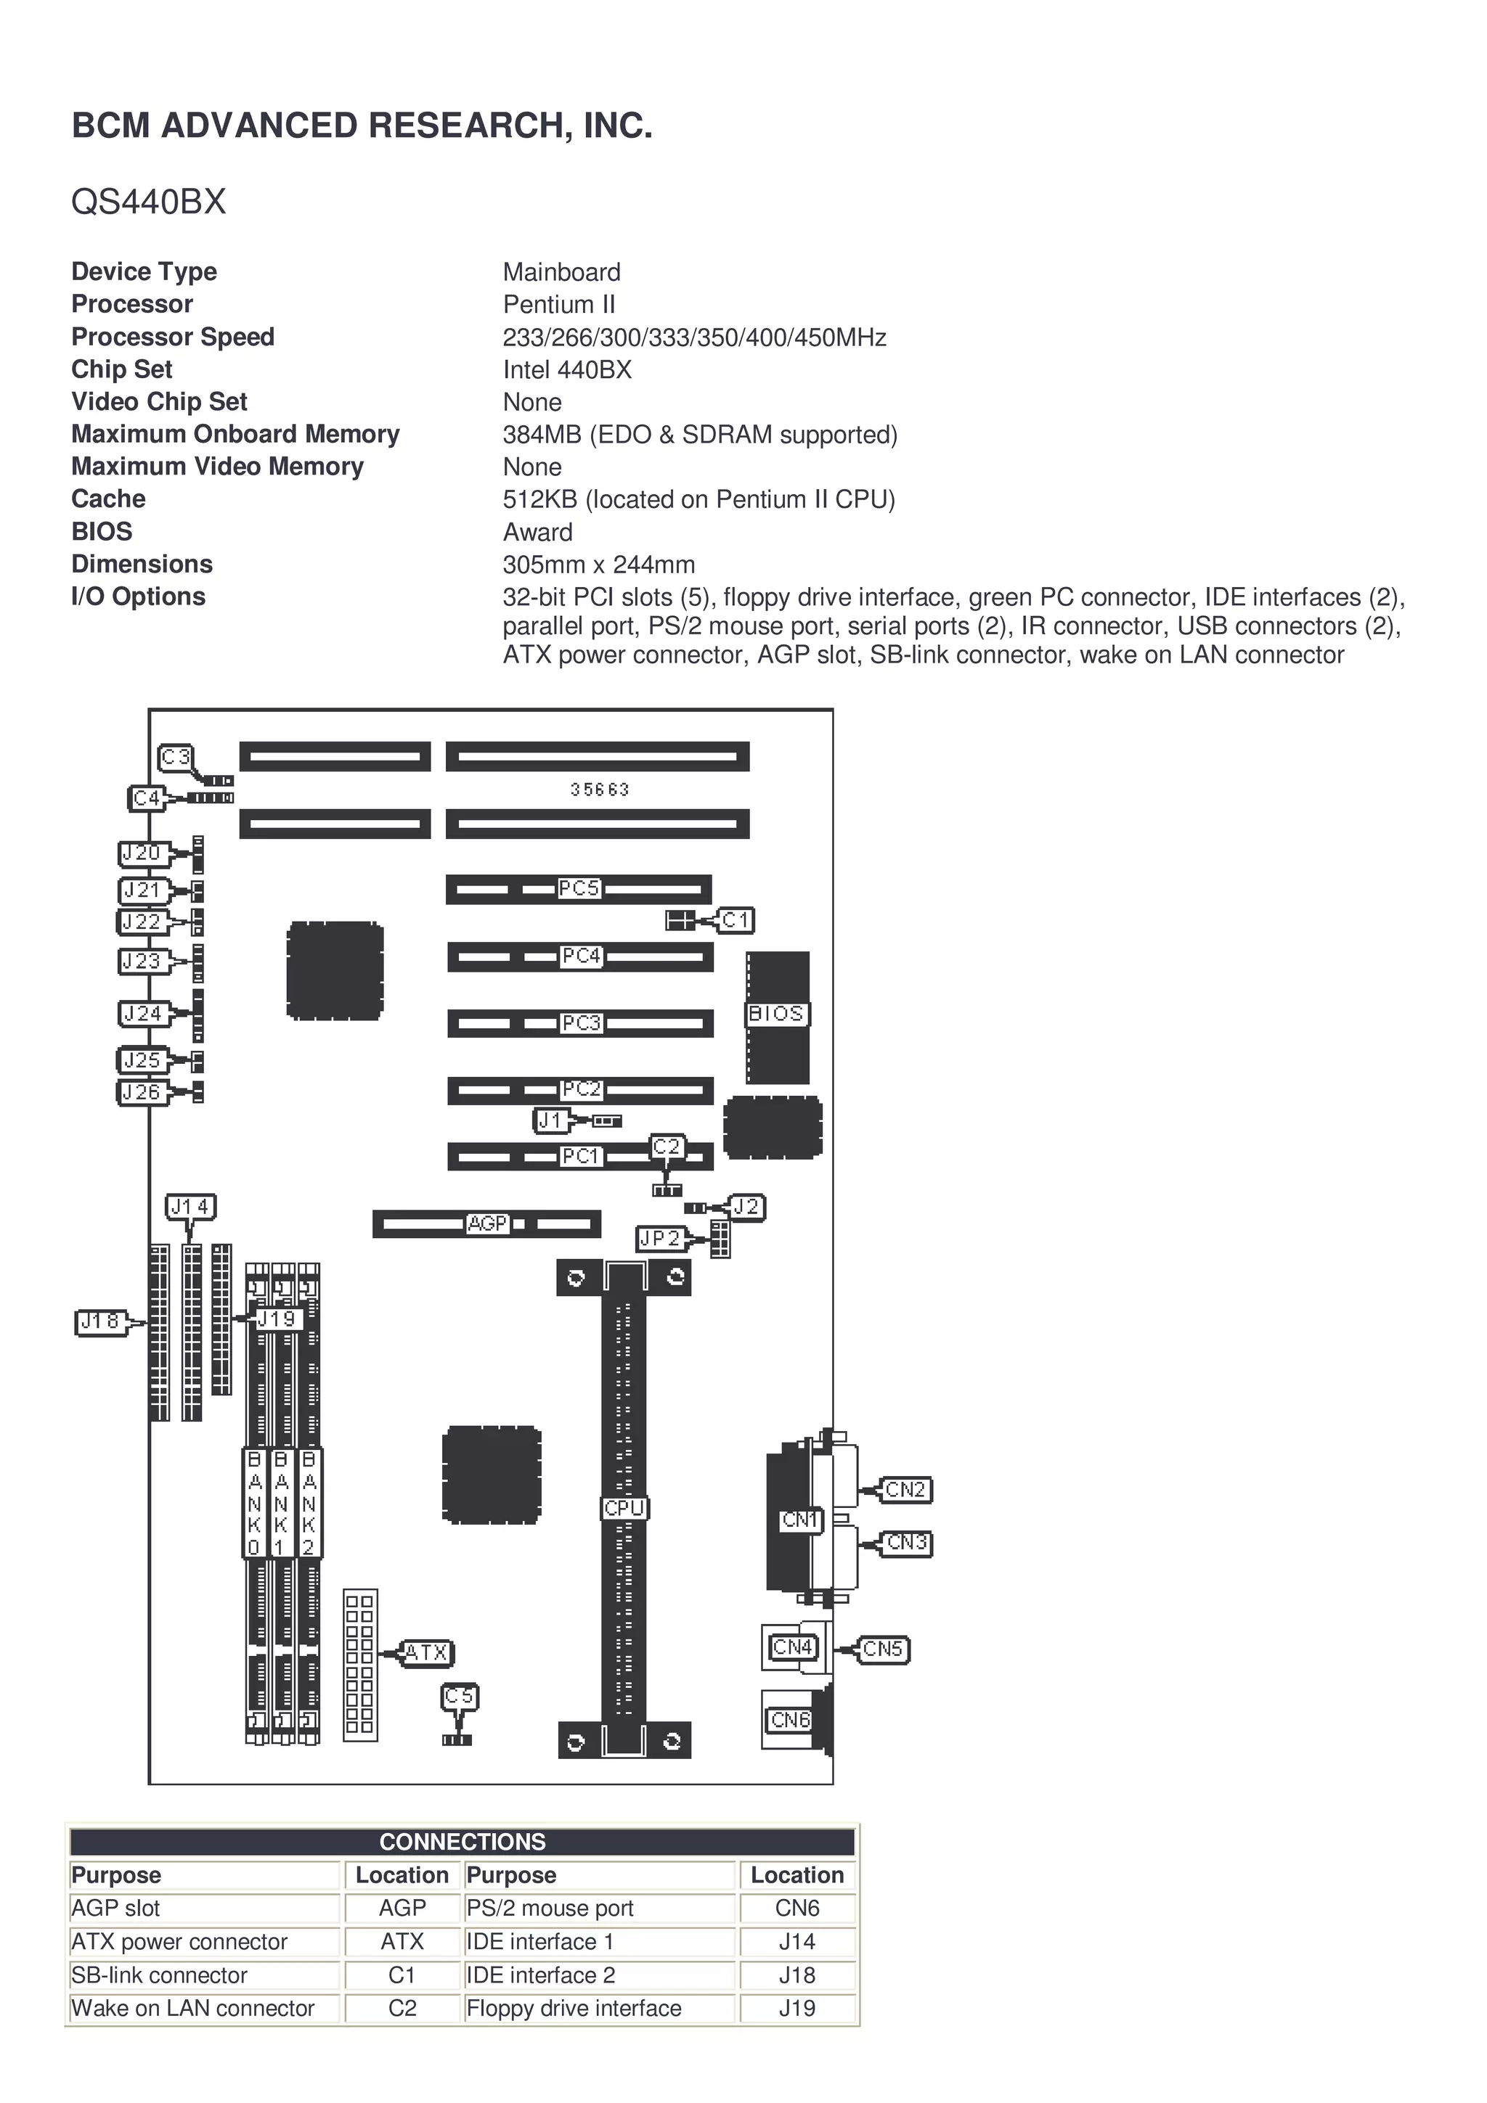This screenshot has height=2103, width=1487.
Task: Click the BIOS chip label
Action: tap(777, 1014)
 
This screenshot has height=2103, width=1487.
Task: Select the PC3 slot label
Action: tap(581, 1022)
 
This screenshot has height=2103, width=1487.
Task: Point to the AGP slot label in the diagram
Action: tap(486, 1223)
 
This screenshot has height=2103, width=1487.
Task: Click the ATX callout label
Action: tap(426, 1652)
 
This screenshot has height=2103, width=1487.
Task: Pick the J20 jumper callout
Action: tap(142, 853)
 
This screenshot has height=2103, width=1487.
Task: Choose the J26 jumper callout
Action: tap(142, 1092)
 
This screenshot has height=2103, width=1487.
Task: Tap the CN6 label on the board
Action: tap(791, 1719)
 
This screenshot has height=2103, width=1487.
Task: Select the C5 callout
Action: tap(459, 1697)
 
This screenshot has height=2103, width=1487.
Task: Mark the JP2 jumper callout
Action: tap(661, 1239)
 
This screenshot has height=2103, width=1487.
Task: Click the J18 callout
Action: tap(100, 1321)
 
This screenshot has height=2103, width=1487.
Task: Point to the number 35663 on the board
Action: tap(599, 790)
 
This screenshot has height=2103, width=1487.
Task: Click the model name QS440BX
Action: tap(148, 202)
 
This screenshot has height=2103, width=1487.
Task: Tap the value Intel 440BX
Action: tap(567, 370)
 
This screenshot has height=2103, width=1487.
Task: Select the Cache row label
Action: tap(108, 499)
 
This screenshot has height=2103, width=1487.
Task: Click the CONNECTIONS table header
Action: tap(462, 1841)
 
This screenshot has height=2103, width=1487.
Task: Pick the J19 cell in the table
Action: tap(797, 2008)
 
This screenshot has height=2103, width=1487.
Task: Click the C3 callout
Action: tap(175, 758)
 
